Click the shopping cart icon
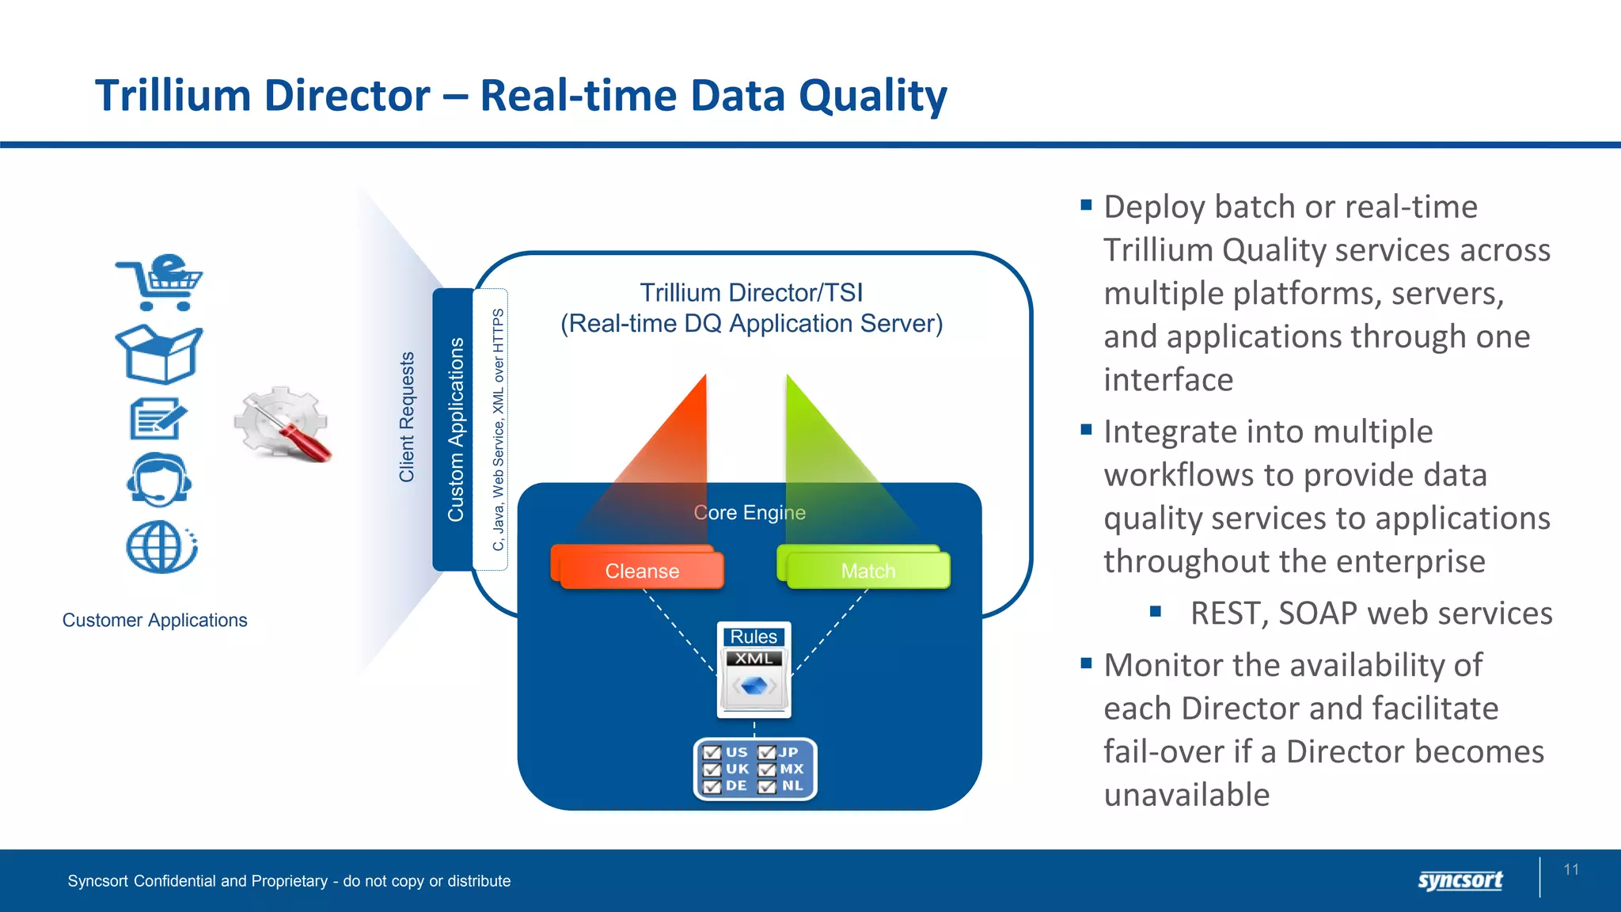click(160, 283)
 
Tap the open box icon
click(159, 354)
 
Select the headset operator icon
click(159, 480)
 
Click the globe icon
click(161, 546)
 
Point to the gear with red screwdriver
click(283, 424)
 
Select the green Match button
click(866, 570)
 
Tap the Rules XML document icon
click(754, 670)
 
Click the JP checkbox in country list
click(767, 753)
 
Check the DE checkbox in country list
click(712, 786)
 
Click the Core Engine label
click(750, 512)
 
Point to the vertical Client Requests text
click(407, 417)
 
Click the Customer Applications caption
click(154, 620)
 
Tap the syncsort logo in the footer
click(1460, 880)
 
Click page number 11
click(1571, 869)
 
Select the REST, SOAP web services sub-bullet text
click(1370, 614)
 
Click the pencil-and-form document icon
click(158, 418)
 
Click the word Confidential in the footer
click(174, 881)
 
